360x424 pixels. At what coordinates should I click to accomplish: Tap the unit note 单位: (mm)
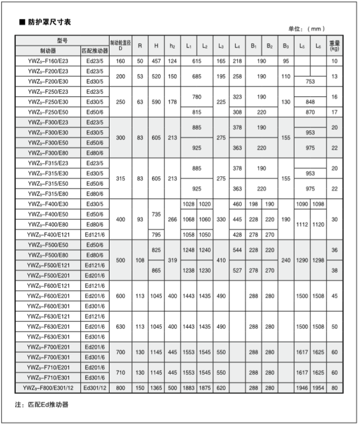(x=307, y=29)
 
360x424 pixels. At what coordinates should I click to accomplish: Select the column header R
(x=140, y=45)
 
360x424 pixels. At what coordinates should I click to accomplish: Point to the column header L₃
(x=221, y=45)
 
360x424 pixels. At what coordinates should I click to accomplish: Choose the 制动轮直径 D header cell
(x=120, y=45)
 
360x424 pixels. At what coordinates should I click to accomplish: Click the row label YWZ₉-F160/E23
(x=48, y=62)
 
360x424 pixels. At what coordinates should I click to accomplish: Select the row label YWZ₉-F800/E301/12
(x=48, y=387)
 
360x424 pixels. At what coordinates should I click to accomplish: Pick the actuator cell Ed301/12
(x=94, y=387)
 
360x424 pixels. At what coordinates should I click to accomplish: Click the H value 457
(x=156, y=62)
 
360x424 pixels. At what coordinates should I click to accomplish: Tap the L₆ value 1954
(x=318, y=387)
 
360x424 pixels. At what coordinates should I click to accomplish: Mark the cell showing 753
(x=310, y=82)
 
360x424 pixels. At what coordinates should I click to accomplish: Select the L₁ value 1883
(x=188, y=387)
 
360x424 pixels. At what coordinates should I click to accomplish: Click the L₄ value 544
(x=237, y=250)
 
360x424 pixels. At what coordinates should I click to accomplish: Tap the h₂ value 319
(x=172, y=260)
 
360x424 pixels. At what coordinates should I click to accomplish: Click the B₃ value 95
(x=286, y=62)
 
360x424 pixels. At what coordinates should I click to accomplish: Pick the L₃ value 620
(x=221, y=387)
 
